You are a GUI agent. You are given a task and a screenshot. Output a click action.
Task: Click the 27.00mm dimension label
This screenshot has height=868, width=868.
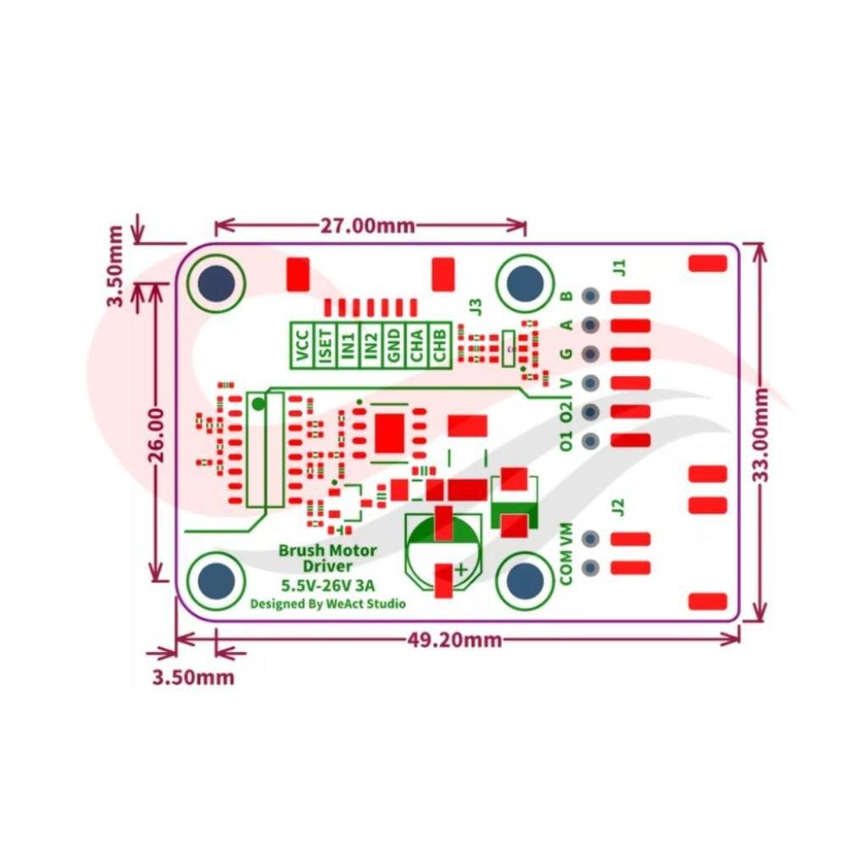point(368,225)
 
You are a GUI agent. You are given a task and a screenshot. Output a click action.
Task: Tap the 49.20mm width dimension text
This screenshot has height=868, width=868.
point(455,640)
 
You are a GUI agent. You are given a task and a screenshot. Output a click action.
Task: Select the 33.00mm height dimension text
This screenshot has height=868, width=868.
point(762,436)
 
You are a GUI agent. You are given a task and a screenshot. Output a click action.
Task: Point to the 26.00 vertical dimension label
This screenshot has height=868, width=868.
point(157,436)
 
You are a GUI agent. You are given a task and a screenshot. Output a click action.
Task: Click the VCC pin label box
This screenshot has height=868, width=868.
point(303,345)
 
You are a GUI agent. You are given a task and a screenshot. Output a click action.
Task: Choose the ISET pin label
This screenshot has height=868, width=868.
point(325,345)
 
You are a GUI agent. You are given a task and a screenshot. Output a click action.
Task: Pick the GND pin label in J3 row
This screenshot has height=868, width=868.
point(394,345)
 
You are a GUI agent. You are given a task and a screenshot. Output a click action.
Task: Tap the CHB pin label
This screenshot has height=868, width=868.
point(440,345)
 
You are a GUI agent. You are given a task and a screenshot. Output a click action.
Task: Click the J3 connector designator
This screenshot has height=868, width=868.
point(476,307)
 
